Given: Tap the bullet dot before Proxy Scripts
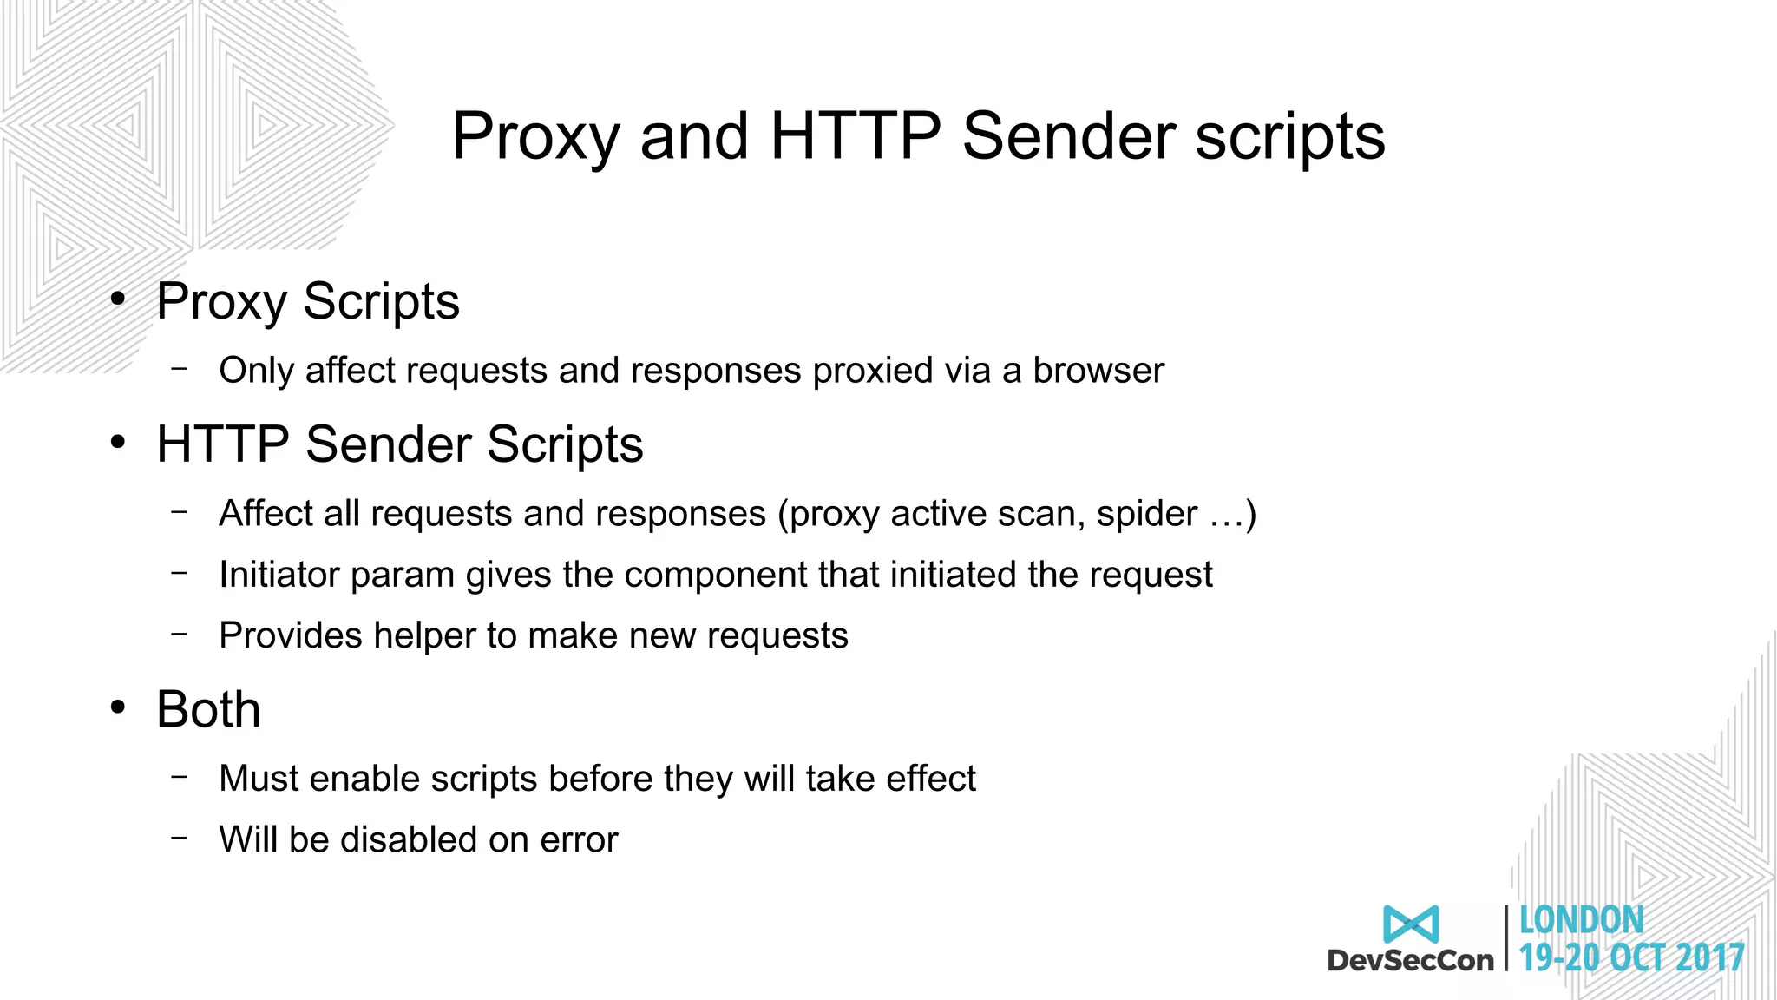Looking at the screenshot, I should (x=118, y=299).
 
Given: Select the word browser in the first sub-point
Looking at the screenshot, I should (x=1098, y=371).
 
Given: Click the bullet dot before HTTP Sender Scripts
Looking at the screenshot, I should (x=118, y=443).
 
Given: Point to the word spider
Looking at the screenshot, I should (x=1147, y=514).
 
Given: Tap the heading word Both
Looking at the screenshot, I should (x=208, y=709).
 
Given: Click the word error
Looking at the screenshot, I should (x=579, y=840).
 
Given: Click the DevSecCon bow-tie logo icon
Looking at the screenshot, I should (x=1411, y=924).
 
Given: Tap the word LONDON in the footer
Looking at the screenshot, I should (x=1581, y=920).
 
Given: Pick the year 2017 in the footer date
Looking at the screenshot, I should (x=1709, y=957).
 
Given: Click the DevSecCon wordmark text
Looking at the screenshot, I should (x=1410, y=960).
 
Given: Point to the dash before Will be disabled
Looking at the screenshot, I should (x=180, y=839).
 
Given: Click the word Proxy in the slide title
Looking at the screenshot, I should (x=535, y=136).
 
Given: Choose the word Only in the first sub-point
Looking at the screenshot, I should (x=256, y=371).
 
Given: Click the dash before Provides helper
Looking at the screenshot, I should (x=180, y=635).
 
